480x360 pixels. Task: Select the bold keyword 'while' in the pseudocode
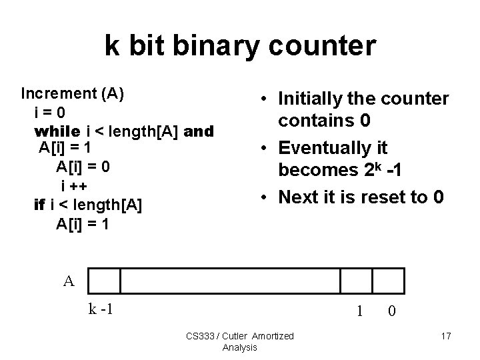point(56,131)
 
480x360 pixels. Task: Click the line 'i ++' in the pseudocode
point(75,185)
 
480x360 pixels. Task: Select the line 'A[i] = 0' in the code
point(83,166)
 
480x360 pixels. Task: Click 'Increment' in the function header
point(59,93)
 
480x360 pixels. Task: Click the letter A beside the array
point(69,281)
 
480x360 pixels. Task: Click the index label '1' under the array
point(359,311)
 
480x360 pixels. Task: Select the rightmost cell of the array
point(388,281)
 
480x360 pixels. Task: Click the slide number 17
point(446,336)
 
